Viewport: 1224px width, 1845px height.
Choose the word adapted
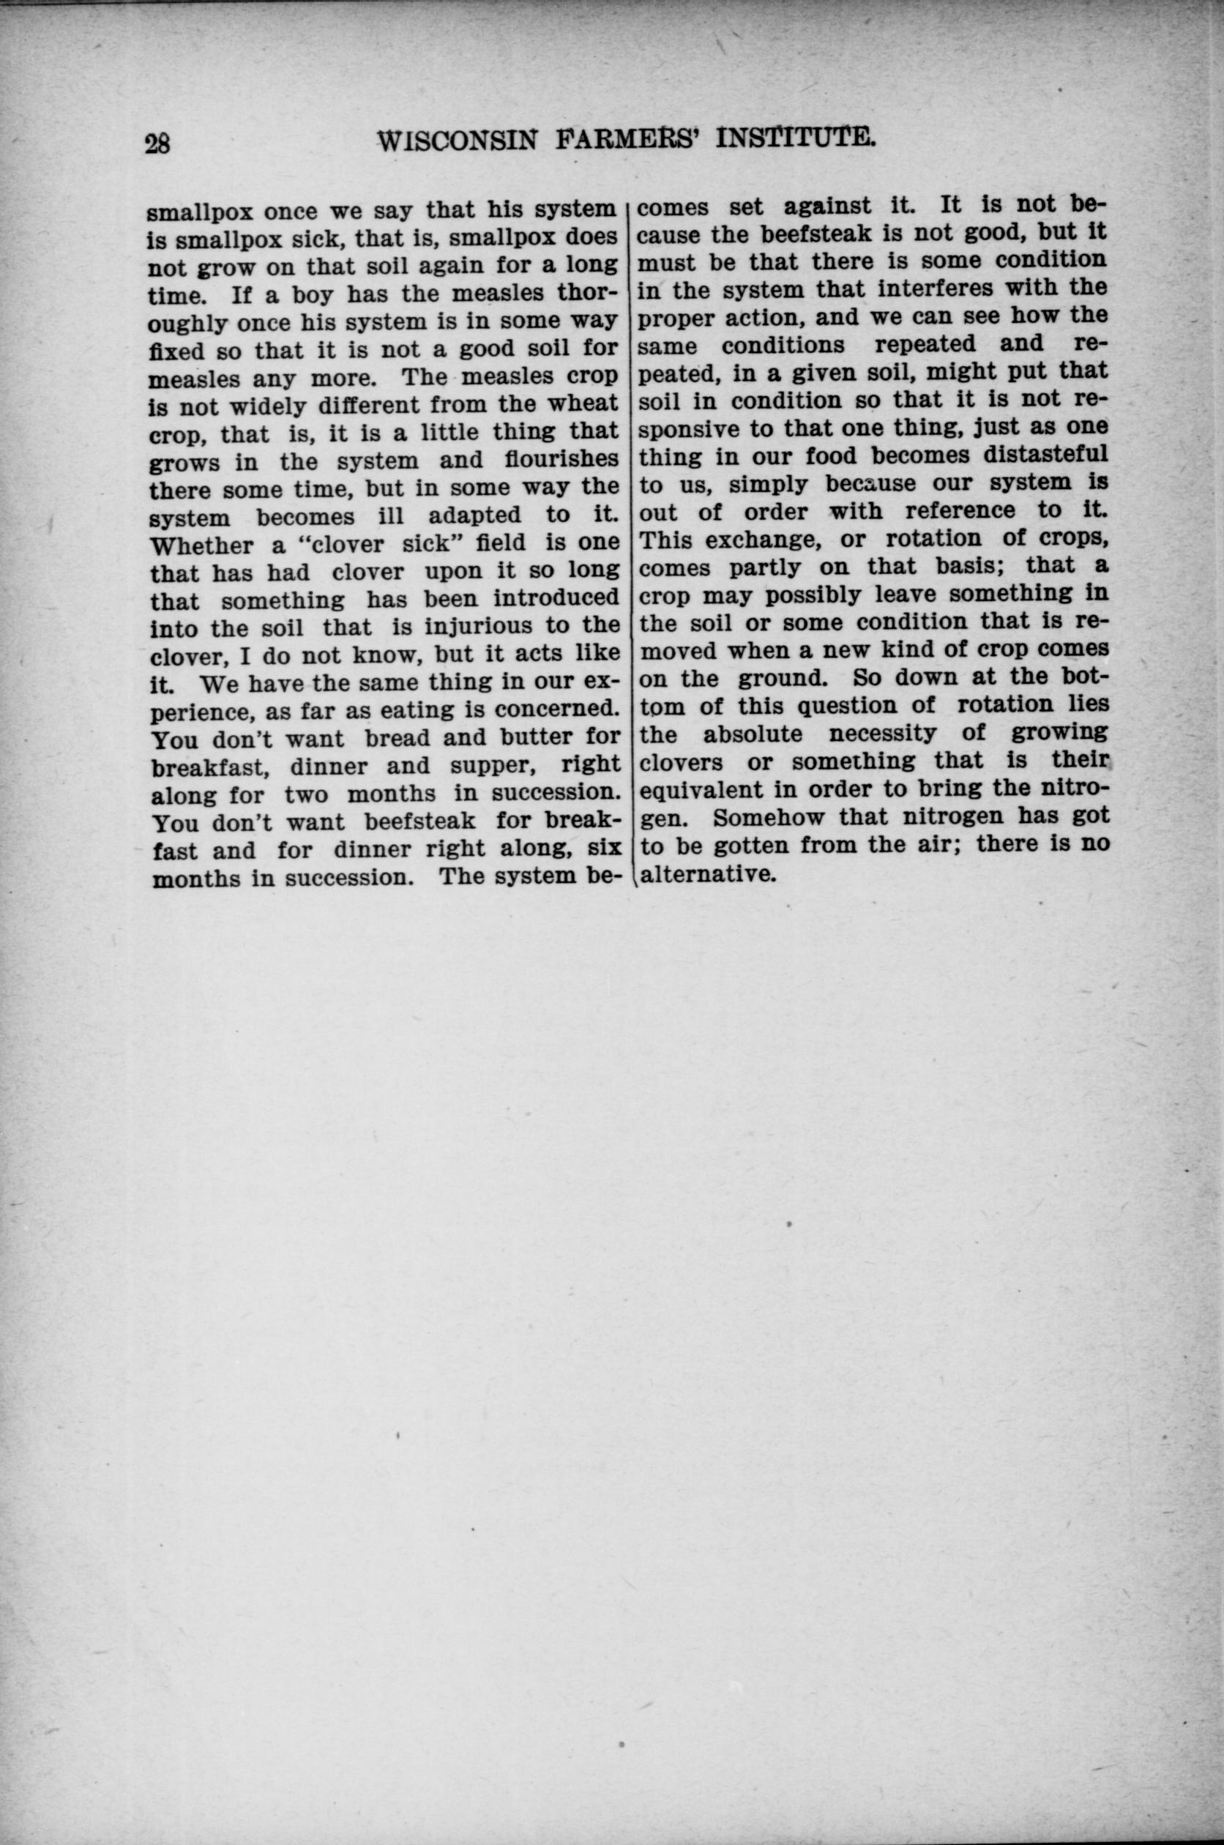(474, 515)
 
